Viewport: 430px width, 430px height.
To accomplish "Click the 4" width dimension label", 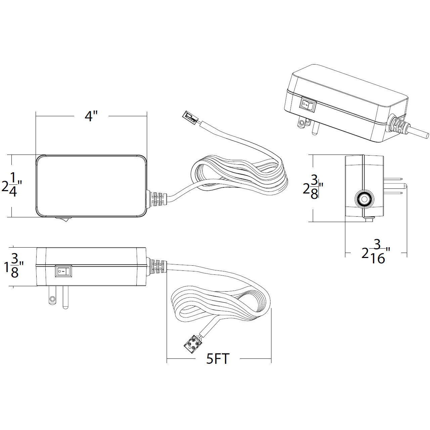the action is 91,116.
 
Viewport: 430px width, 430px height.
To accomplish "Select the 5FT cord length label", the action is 218,359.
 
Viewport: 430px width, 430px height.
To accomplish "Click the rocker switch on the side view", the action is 63,271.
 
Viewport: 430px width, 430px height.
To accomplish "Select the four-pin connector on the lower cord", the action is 192,344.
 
